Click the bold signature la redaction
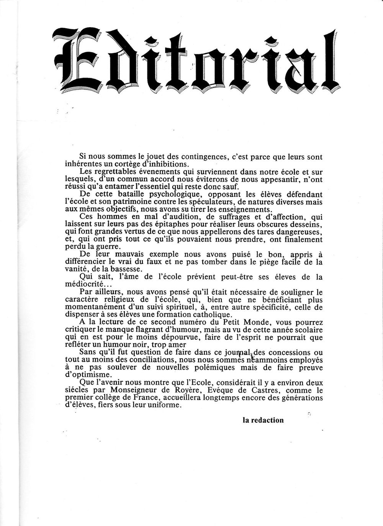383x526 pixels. click(263, 420)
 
